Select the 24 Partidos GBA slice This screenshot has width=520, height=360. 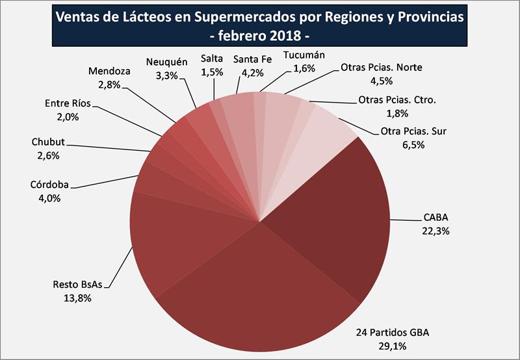coord(260,292)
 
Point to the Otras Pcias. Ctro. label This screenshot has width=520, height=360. coord(397,100)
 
